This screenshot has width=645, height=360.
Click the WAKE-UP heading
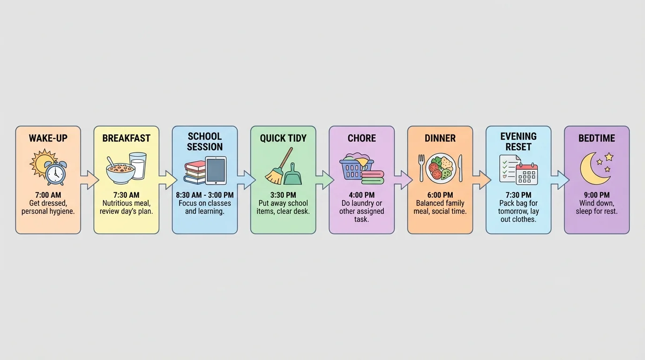(48, 138)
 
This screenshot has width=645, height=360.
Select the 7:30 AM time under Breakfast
(126, 195)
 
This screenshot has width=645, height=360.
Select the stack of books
(195, 172)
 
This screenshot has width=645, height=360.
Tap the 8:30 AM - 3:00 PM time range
(205, 195)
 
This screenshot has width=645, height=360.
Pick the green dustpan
(293, 174)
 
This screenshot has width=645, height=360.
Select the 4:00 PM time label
(361, 195)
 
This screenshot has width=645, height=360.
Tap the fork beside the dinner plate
(421, 168)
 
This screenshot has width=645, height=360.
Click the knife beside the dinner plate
(460, 168)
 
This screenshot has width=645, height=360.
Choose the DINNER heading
(440, 138)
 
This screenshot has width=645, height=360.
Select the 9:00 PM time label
(597, 195)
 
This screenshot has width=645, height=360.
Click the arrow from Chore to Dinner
(403, 180)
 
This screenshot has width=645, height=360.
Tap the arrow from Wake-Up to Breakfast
(89, 180)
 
